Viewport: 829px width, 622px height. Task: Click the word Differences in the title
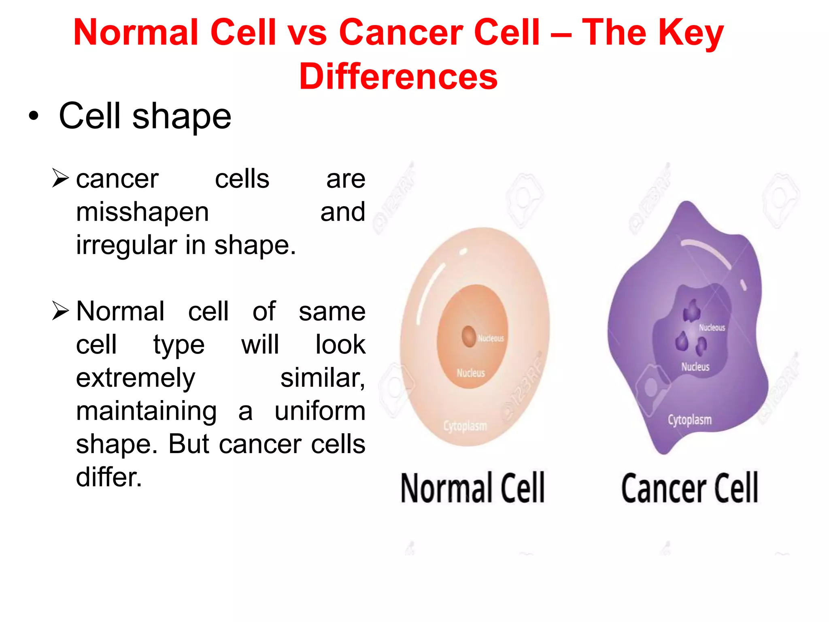pyautogui.click(x=398, y=77)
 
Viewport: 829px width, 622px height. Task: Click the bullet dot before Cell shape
pyautogui.click(x=34, y=116)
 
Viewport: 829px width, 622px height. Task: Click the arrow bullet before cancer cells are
pyautogui.click(x=61, y=178)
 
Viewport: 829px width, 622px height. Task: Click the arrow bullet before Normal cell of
pyautogui.click(x=61, y=311)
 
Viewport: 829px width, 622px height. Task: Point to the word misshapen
pyautogui.click(x=142, y=213)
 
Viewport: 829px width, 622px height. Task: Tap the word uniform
pyautogui.click(x=320, y=411)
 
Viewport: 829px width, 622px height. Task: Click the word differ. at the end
pyautogui.click(x=109, y=477)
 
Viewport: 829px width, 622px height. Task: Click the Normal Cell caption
pyautogui.click(x=472, y=488)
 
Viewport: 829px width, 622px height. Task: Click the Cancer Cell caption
pyautogui.click(x=689, y=488)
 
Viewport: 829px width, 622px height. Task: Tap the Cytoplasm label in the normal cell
pyautogui.click(x=465, y=426)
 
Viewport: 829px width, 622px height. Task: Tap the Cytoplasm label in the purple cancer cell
pyautogui.click(x=689, y=420)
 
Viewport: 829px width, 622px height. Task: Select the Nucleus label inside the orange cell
pyautogui.click(x=470, y=373)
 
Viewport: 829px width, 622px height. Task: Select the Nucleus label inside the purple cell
pyautogui.click(x=695, y=367)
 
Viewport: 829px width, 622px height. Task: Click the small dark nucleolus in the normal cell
pyautogui.click(x=469, y=336)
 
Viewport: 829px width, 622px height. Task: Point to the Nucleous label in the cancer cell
pyautogui.click(x=712, y=328)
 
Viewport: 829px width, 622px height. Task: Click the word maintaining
pyautogui.click(x=146, y=411)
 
